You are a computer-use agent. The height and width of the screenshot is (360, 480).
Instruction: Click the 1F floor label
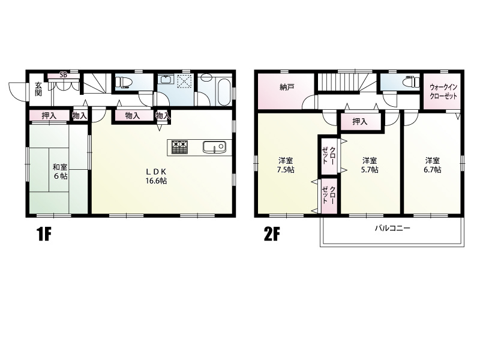point(44,235)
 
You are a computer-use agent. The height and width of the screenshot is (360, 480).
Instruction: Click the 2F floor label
point(272,235)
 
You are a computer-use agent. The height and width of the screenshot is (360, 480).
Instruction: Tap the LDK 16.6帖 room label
point(156,176)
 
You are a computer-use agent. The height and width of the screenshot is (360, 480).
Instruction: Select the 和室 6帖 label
point(60,172)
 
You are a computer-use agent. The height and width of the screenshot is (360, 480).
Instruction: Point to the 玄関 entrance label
point(38,89)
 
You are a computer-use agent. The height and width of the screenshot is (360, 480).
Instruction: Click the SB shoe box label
point(64,74)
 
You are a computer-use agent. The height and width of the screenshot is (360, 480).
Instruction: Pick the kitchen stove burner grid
point(179,147)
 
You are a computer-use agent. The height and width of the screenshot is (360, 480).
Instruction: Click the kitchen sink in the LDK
point(214,147)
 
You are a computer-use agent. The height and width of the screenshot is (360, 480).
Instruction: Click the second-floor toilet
point(411,82)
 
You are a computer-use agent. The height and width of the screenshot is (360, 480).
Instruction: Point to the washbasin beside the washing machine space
point(166,79)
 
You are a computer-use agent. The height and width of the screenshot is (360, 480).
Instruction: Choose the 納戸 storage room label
point(287,87)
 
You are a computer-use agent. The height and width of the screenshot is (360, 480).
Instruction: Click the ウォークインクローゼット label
point(443,91)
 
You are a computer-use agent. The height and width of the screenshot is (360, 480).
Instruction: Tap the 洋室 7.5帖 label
point(286,165)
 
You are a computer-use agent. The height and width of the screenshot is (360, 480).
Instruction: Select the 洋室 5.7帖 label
point(370,165)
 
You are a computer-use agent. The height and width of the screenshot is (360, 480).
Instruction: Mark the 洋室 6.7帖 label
point(432,165)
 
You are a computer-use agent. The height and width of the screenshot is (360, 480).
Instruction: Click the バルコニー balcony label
point(392,228)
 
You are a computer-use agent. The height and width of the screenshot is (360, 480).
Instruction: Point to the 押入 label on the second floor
point(359,122)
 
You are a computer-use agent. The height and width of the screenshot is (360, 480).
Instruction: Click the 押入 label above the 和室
point(49,116)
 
